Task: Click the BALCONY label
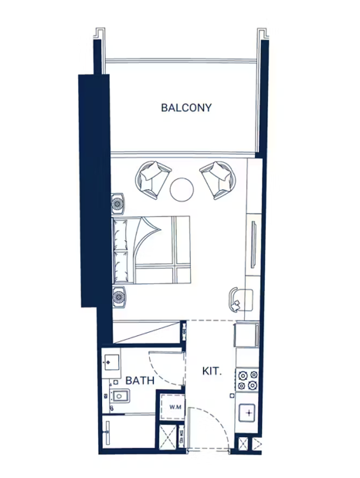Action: coord(186,107)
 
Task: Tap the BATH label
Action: coord(140,381)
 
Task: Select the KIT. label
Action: coord(212,371)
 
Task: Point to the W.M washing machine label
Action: coord(175,407)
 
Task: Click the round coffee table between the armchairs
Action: coord(182,189)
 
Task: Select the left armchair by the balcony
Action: coord(151,180)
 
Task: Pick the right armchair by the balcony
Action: coord(218,180)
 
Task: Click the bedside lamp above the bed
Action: coord(117,203)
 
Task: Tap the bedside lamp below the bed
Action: coord(119,297)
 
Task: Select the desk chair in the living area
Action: coord(235,300)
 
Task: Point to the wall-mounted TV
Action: coord(253,245)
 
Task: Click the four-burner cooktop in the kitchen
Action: coord(247,380)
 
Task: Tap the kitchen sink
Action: coord(247,413)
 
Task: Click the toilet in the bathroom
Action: coord(120,396)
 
